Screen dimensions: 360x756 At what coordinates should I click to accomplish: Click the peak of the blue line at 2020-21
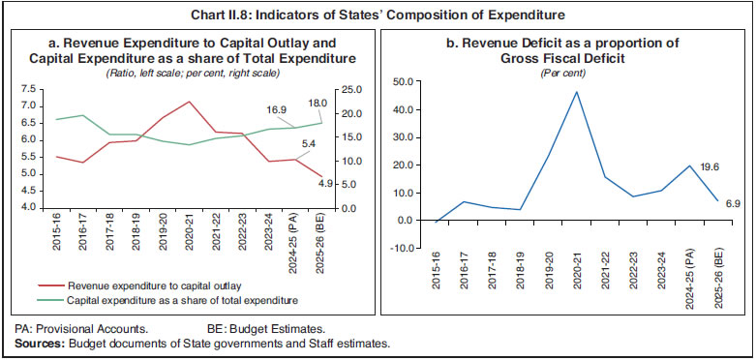click(x=576, y=92)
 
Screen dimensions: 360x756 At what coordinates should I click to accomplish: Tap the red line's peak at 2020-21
click(x=189, y=102)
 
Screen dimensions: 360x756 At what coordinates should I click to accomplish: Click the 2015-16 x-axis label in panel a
click(x=57, y=238)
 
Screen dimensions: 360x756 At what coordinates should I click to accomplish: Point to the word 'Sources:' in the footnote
click(x=32, y=343)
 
